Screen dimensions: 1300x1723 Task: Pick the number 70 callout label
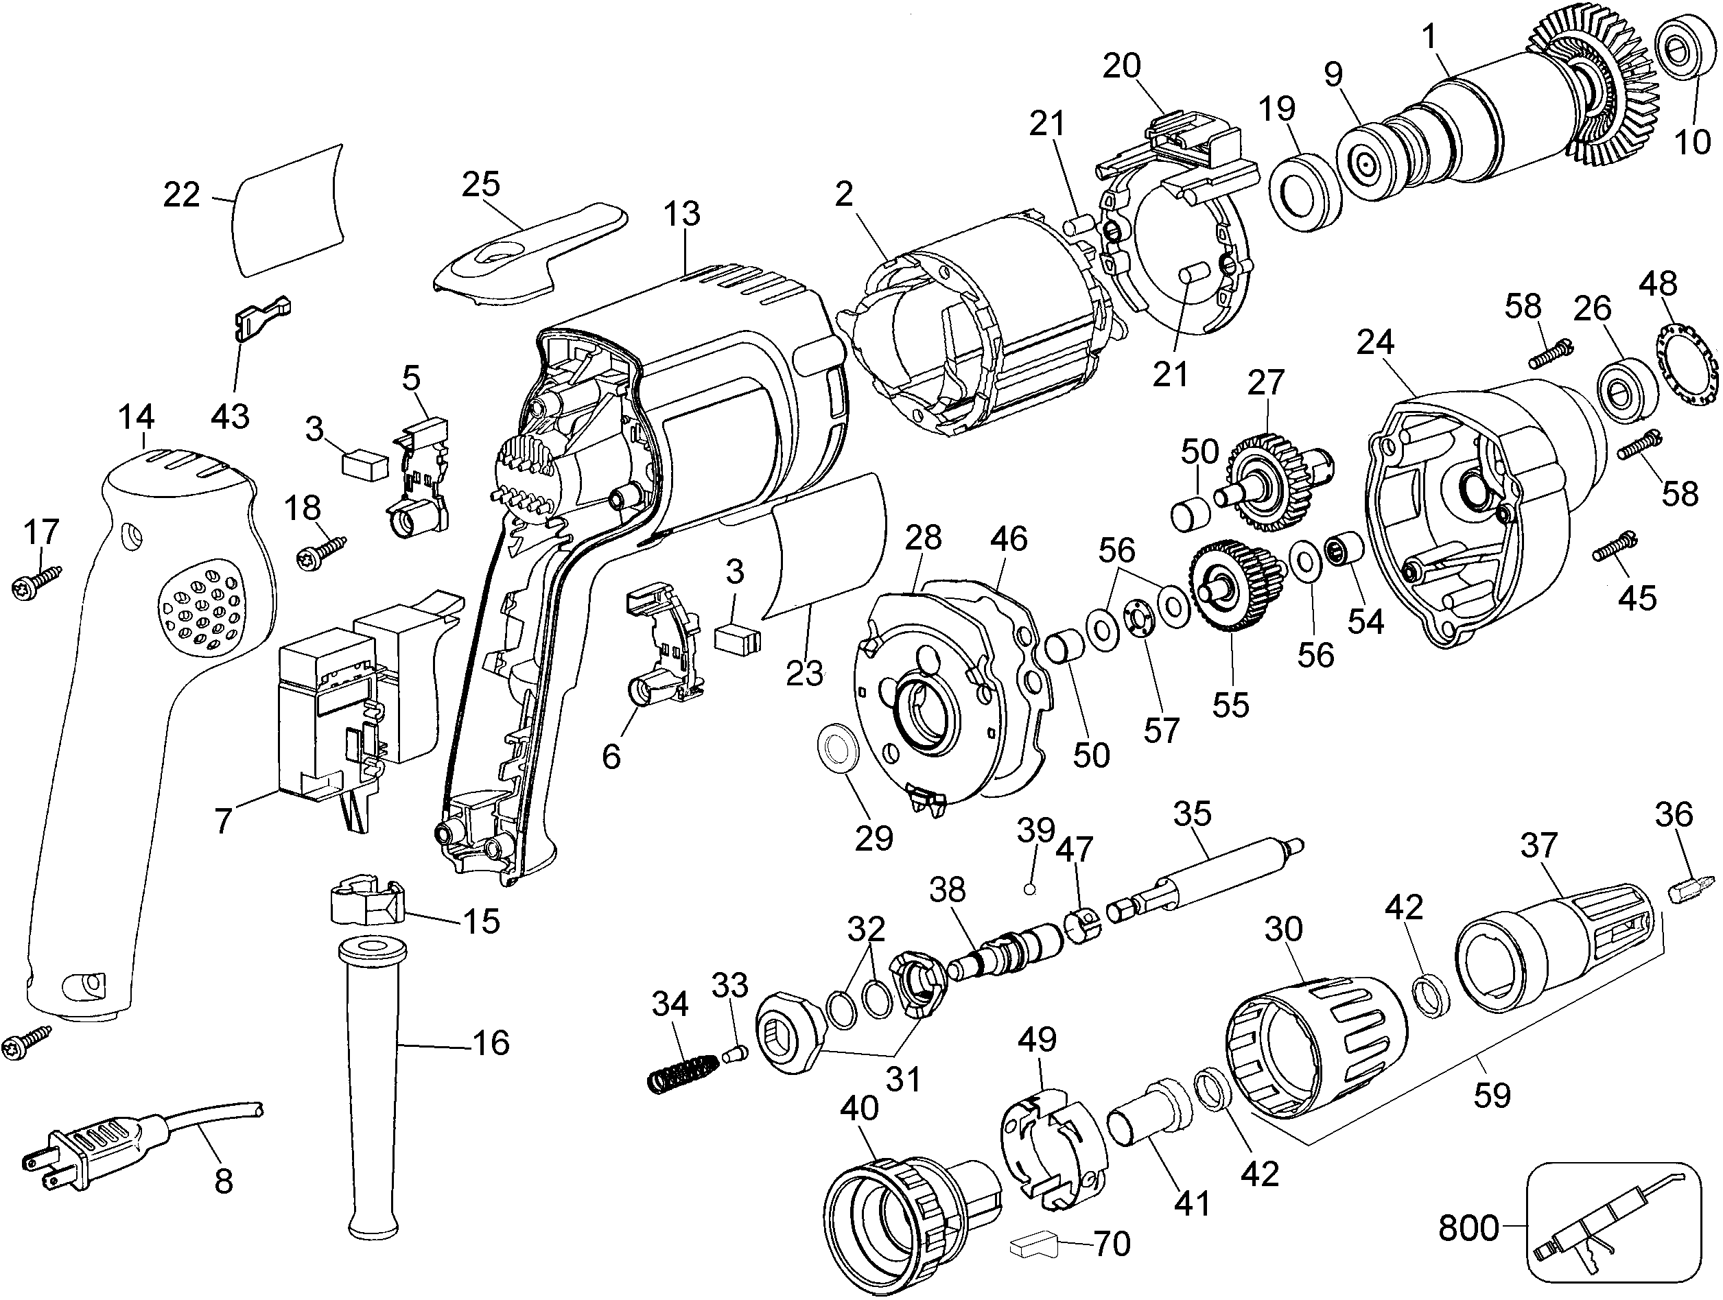[x=1112, y=1243]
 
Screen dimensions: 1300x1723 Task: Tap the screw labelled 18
[x=321, y=552]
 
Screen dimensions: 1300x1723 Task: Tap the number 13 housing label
[x=681, y=213]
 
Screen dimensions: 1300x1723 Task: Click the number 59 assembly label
[x=1491, y=1094]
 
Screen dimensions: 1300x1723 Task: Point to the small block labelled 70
[x=1033, y=1246]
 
